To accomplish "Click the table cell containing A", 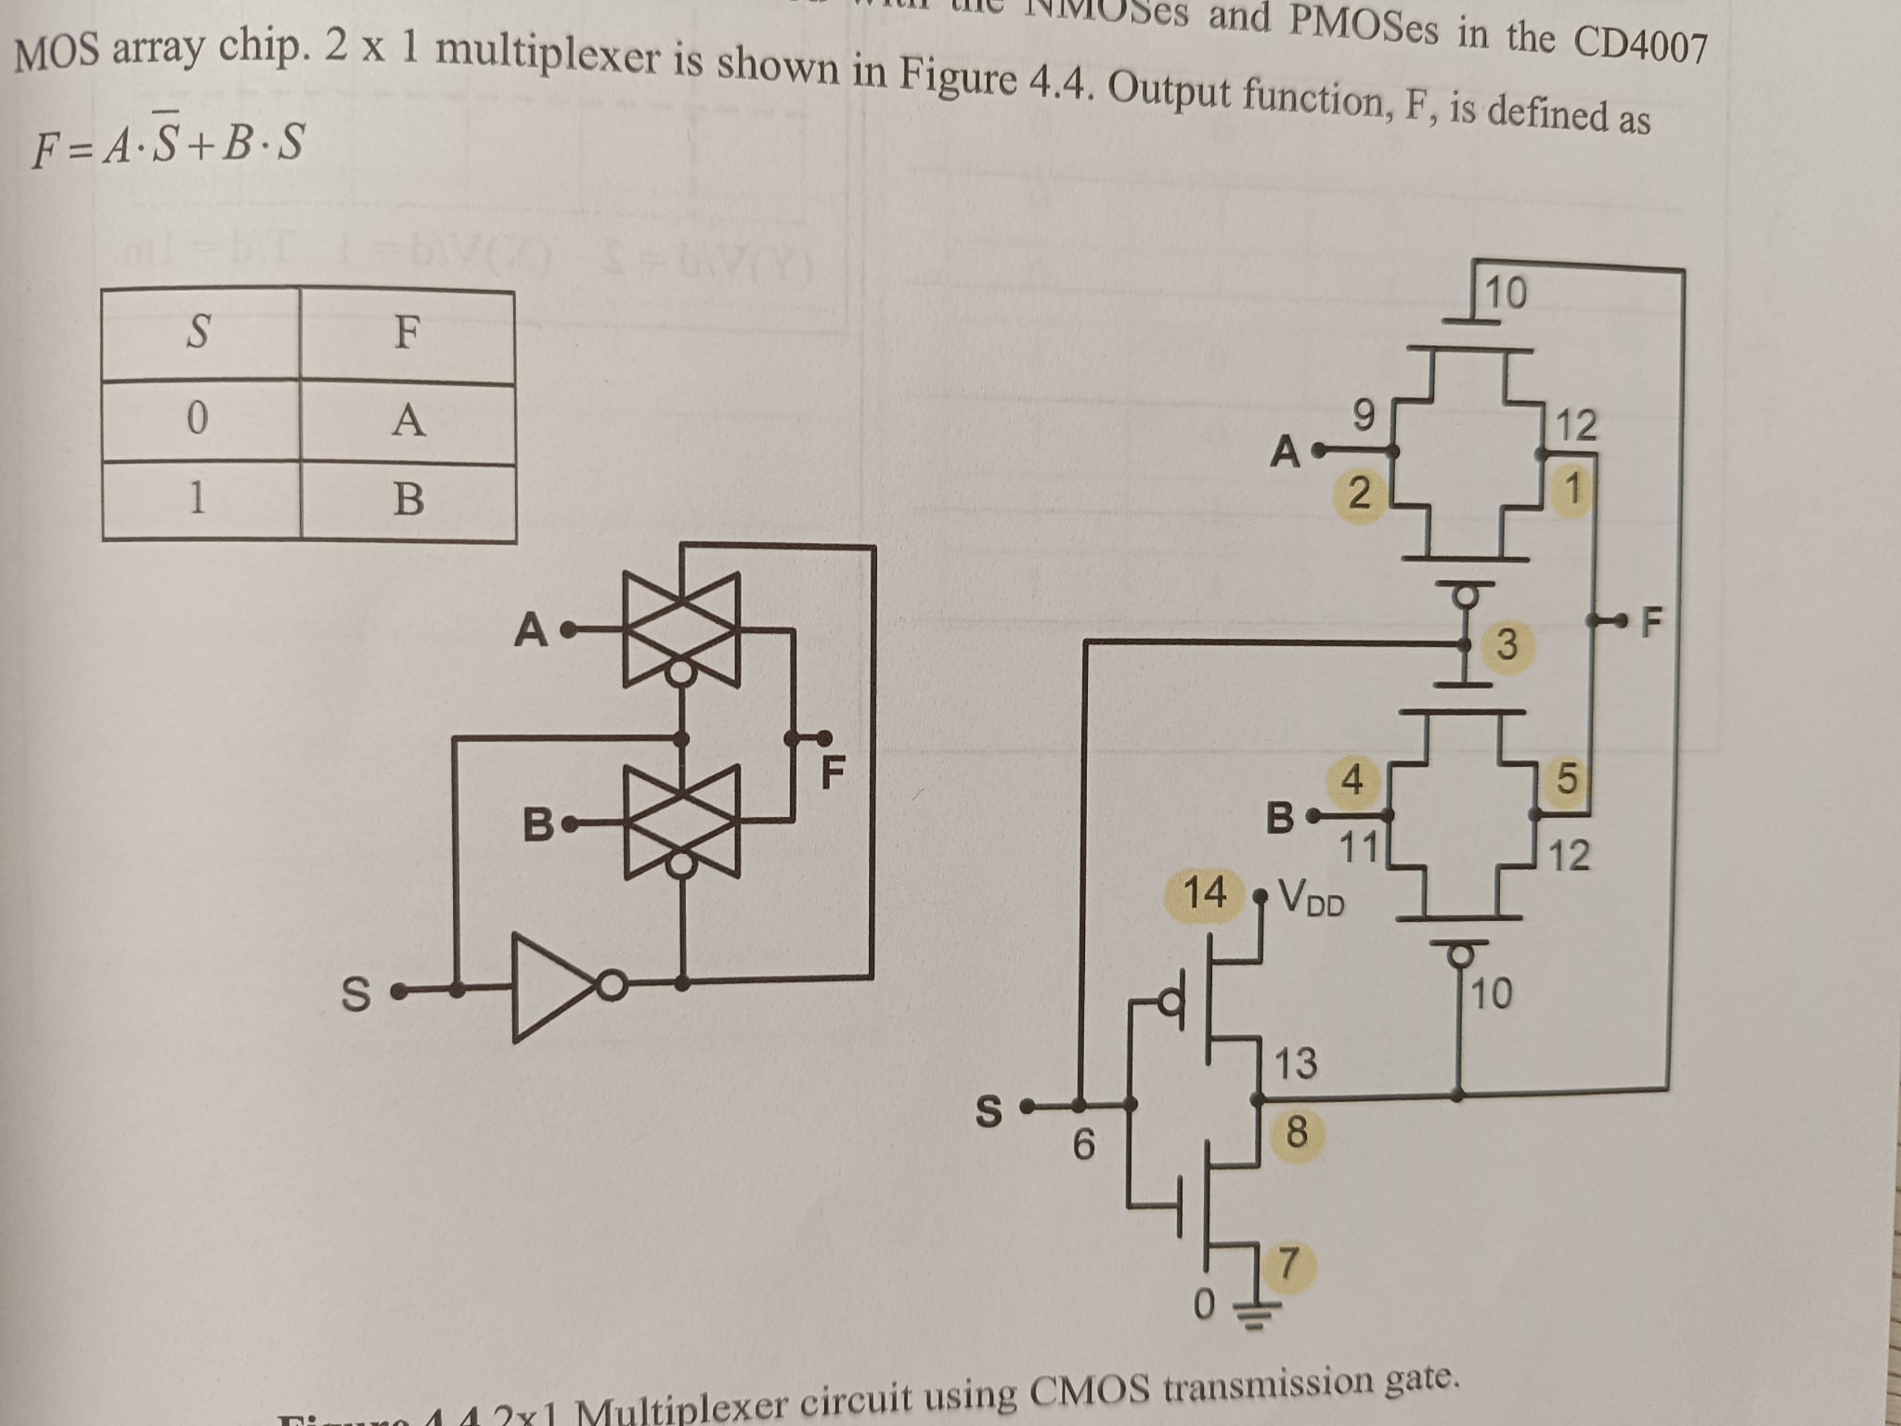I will click(408, 421).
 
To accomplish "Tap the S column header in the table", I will click(198, 332).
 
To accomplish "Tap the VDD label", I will click(1311, 897).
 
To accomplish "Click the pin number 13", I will click(1295, 1064).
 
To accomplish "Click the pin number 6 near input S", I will click(1085, 1144).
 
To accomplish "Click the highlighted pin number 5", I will click(1566, 779).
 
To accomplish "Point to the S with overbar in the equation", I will click(165, 141).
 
